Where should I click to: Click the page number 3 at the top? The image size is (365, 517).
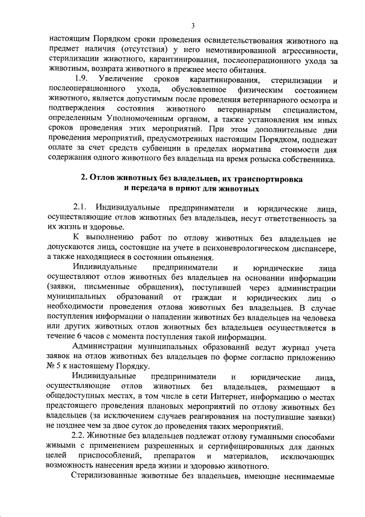tap(193, 25)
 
